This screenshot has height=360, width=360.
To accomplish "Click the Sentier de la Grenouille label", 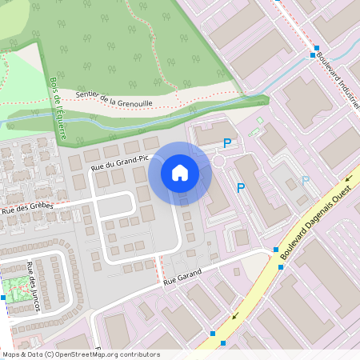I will [114, 98].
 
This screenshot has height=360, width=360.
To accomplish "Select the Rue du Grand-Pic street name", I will [121, 163].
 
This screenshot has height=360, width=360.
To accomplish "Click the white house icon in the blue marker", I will [180, 172].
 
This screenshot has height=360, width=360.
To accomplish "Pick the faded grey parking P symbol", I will [304, 181].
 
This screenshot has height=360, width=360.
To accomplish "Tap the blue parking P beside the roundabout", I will [227, 143].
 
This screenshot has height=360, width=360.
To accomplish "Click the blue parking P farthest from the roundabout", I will [240, 188].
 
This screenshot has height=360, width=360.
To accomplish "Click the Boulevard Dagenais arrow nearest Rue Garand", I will [235, 315].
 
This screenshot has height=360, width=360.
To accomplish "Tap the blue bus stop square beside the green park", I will [3, 298].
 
